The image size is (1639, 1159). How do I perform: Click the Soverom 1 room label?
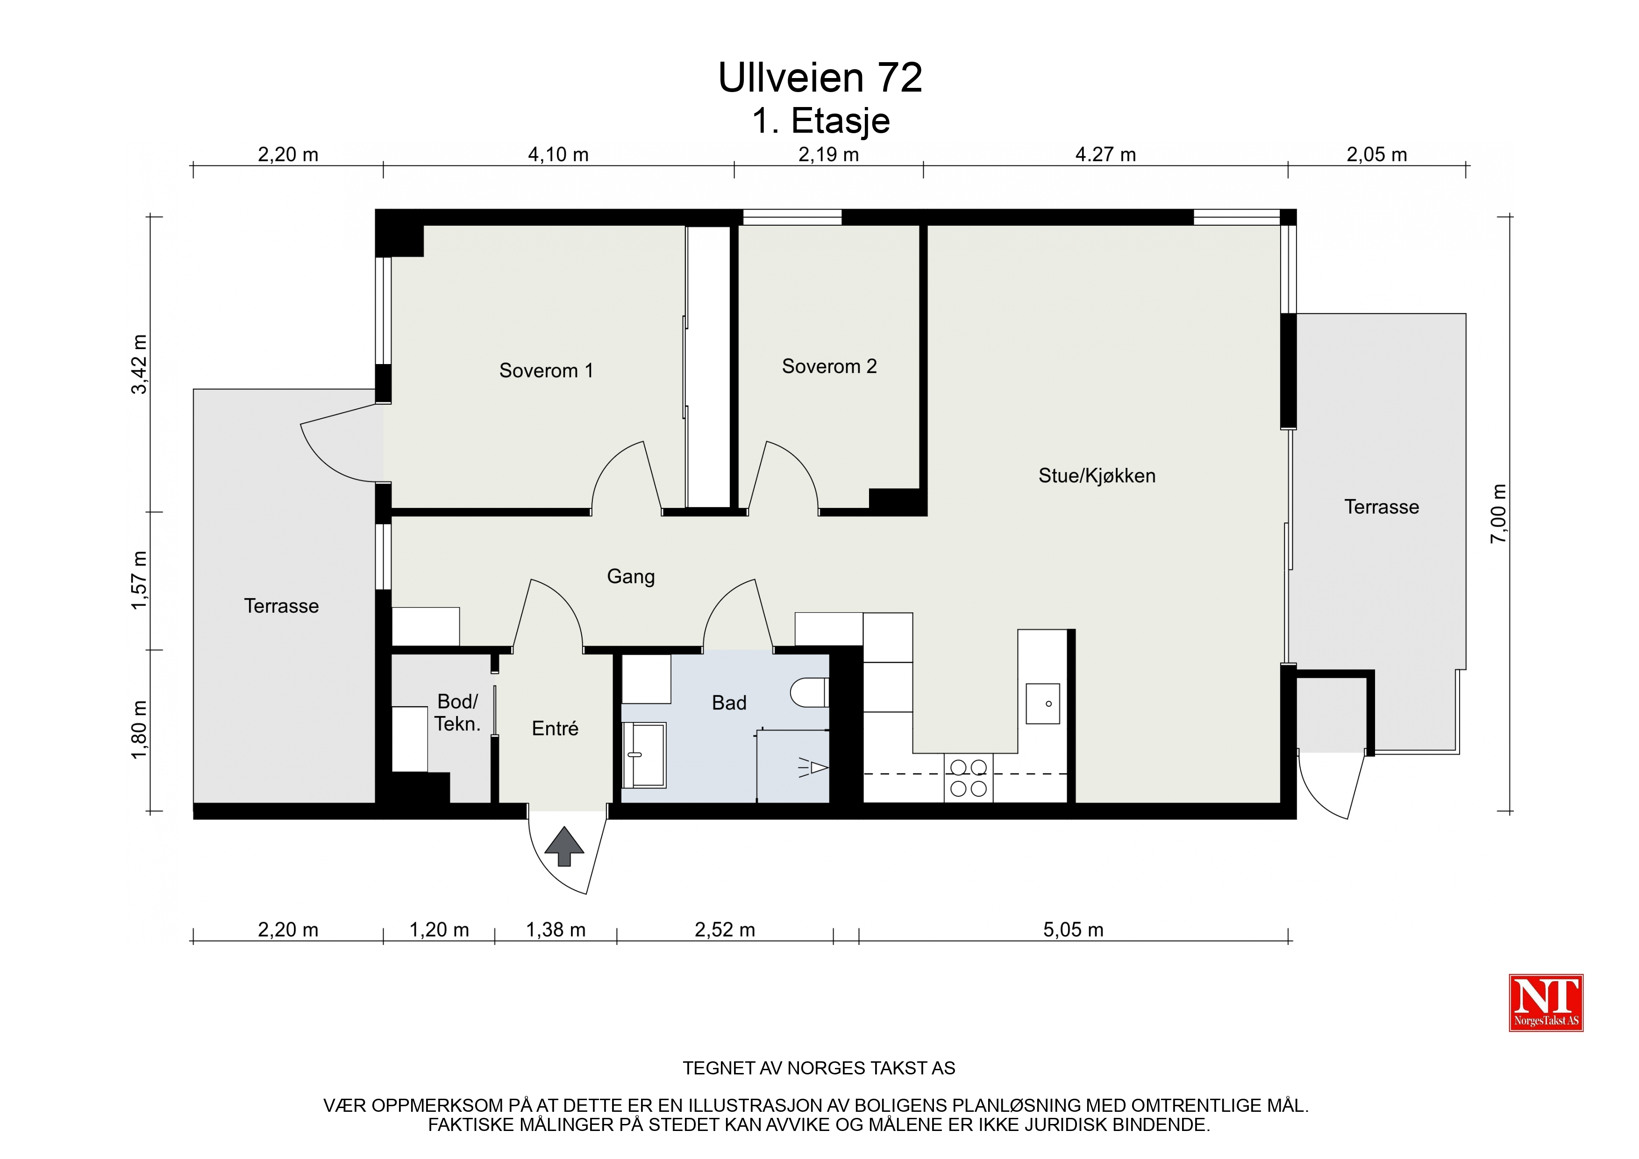[x=546, y=371]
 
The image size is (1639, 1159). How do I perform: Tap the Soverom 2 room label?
[x=829, y=366]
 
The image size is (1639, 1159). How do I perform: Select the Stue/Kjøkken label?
[x=1097, y=476]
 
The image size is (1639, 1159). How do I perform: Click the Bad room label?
[x=729, y=703]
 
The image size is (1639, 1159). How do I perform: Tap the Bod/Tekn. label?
[x=457, y=713]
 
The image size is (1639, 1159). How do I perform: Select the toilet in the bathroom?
[x=809, y=692]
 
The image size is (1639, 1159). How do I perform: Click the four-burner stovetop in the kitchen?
[x=969, y=778]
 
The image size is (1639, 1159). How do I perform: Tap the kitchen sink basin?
[x=1043, y=703]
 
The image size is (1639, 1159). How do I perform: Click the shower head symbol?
[x=813, y=768]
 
